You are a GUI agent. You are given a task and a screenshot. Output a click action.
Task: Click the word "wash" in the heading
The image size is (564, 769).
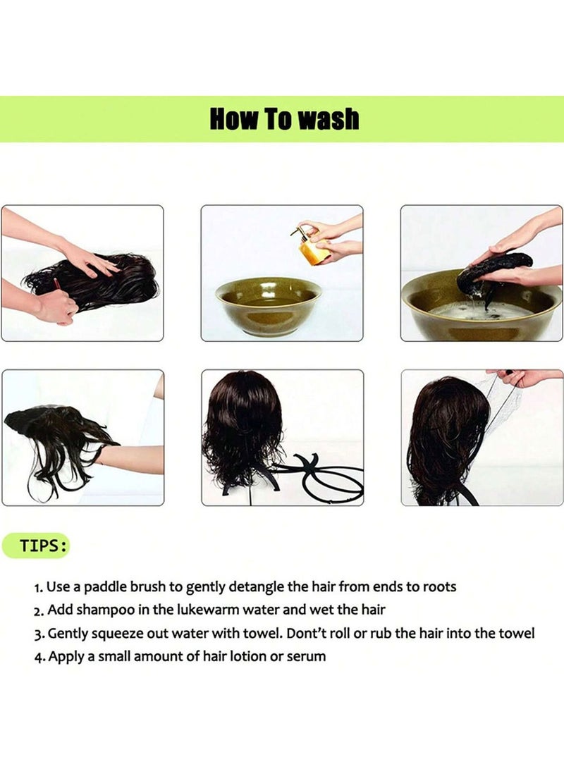click(329, 119)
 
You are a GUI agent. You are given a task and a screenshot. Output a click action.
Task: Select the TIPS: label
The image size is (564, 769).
click(43, 546)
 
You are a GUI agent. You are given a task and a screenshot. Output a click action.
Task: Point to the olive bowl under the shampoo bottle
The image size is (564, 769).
click(269, 305)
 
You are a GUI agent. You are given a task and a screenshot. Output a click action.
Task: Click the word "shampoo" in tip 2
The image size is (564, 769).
click(105, 610)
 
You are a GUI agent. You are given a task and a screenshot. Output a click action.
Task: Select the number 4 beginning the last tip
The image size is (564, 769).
click(38, 657)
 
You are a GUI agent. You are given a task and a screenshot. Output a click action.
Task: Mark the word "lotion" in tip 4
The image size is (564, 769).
click(245, 656)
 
